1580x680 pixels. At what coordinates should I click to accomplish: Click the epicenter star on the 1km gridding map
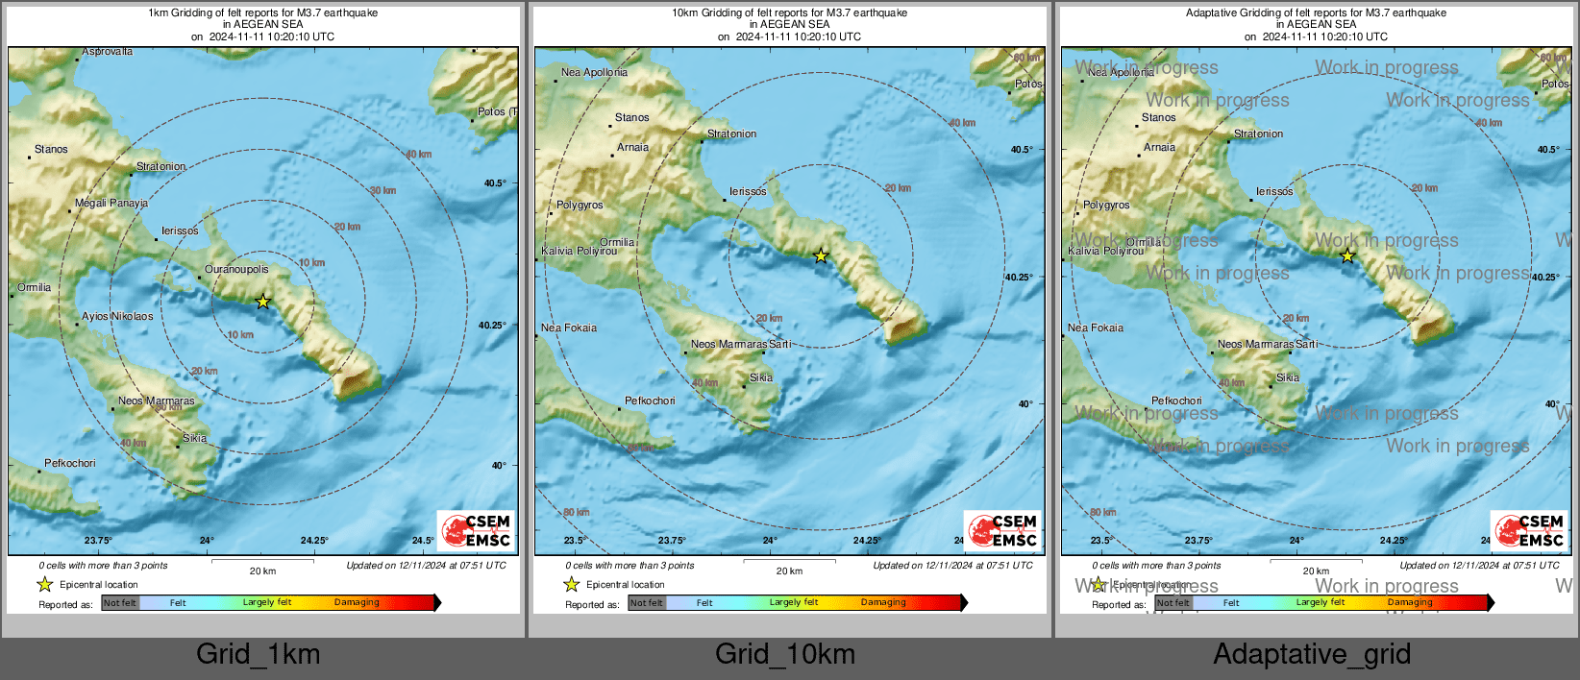point(263,302)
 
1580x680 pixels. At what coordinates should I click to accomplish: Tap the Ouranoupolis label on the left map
point(236,270)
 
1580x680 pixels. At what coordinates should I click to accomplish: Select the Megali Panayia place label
point(111,204)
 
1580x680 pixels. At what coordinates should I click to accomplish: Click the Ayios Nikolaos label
point(117,317)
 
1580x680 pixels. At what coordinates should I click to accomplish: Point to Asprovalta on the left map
point(108,52)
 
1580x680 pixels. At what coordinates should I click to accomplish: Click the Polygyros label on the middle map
point(580,206)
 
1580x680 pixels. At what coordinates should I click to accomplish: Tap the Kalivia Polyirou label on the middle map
point(580,252)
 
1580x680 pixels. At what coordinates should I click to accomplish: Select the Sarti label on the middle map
point(779,344)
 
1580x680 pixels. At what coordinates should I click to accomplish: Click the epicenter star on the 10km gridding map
point(821,255)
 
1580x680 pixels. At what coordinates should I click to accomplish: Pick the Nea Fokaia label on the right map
point(1096,328)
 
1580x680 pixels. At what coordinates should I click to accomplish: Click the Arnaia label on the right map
point(1159,148)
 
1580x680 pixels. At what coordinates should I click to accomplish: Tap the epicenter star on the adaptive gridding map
point(1347,255)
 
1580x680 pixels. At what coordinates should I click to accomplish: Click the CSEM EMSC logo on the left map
point(477,530)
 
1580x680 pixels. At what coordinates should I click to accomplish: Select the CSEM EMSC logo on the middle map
point(1003,530)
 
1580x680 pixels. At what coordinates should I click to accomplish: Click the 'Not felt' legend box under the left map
point(120,603)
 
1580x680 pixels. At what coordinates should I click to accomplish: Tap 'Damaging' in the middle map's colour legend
point(883,603)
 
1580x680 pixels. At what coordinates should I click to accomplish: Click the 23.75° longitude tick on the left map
point(98,541)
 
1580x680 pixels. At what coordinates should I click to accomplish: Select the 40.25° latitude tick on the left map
point(492,326)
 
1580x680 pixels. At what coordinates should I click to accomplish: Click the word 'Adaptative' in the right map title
point(1214,13)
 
